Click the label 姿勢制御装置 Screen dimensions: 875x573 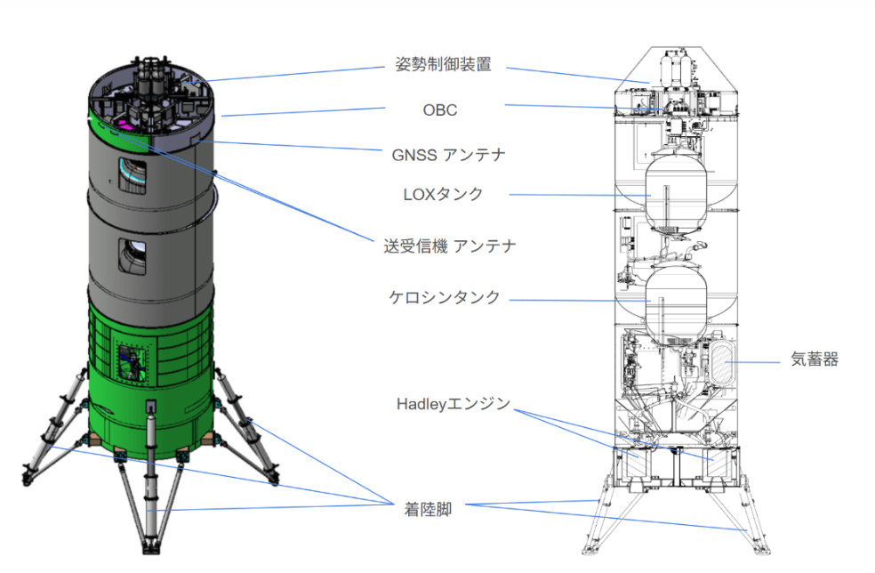[443, 64]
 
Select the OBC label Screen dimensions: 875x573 [440, 110]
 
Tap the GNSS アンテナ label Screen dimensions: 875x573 [448, 155]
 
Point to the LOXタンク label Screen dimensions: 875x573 [443, 194]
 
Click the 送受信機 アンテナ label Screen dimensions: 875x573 [449, 246]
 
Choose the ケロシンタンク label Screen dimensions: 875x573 [444, 297]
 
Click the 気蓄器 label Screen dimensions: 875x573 [815, 359]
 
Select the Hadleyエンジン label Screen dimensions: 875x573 [454, 403]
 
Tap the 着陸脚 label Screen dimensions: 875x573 [428, 509]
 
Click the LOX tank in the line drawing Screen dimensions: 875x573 [676, 193]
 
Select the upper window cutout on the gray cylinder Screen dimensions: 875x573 [132, 175]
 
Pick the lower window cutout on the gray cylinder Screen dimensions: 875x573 [132, 256]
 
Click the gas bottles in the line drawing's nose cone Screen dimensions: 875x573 [677, 69]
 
